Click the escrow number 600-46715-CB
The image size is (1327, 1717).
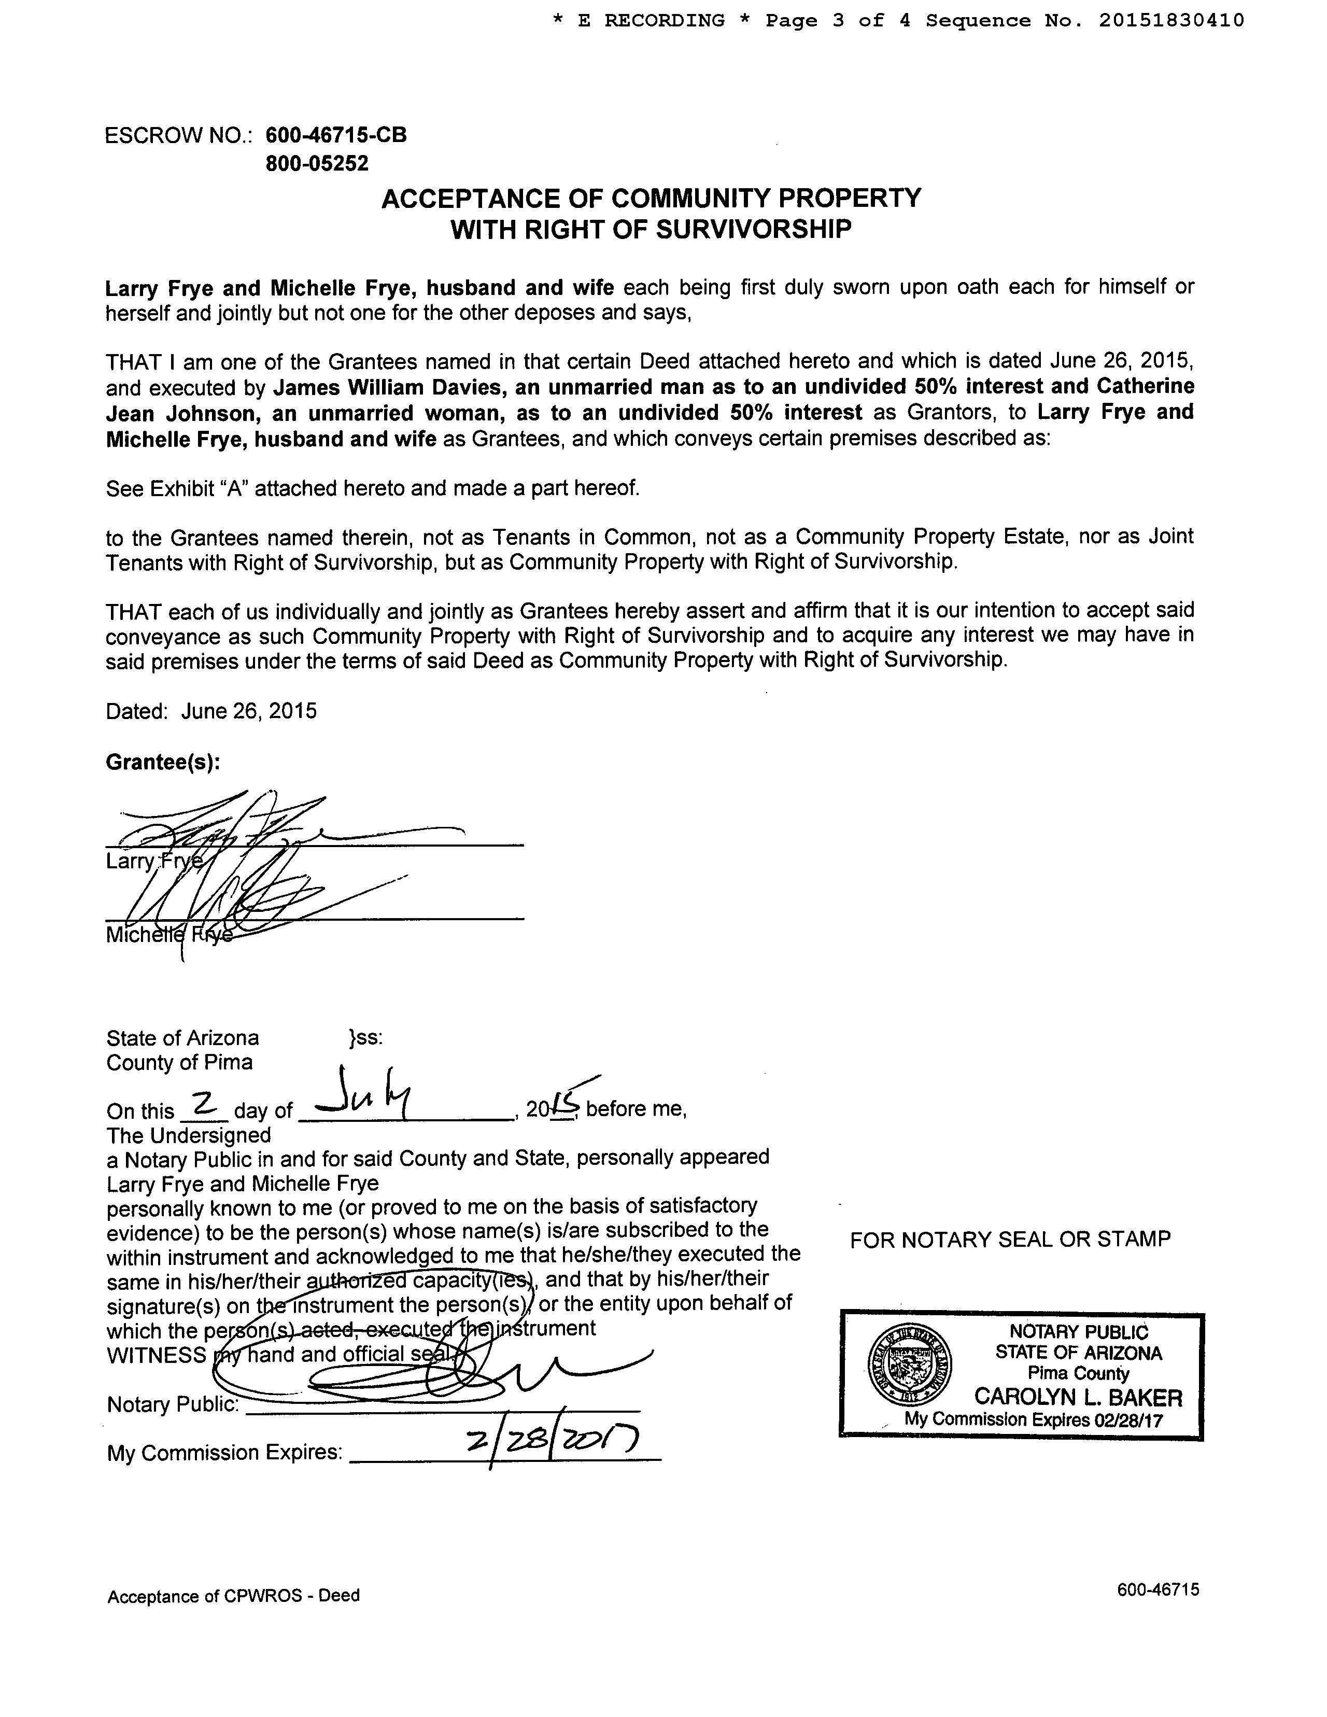[336, 135]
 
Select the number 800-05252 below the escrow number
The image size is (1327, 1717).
[317, 163]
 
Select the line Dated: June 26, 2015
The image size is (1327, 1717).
[211, 711]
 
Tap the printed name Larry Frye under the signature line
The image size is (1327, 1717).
[154, 862]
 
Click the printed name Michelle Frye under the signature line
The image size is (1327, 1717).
[169, 936]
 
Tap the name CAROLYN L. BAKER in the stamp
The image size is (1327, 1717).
[1078, 1397]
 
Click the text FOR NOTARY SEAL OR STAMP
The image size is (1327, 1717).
[1010, 1240]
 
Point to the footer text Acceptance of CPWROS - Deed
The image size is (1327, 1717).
[233, 1595]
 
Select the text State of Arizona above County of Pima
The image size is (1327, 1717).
[182, 1038]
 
